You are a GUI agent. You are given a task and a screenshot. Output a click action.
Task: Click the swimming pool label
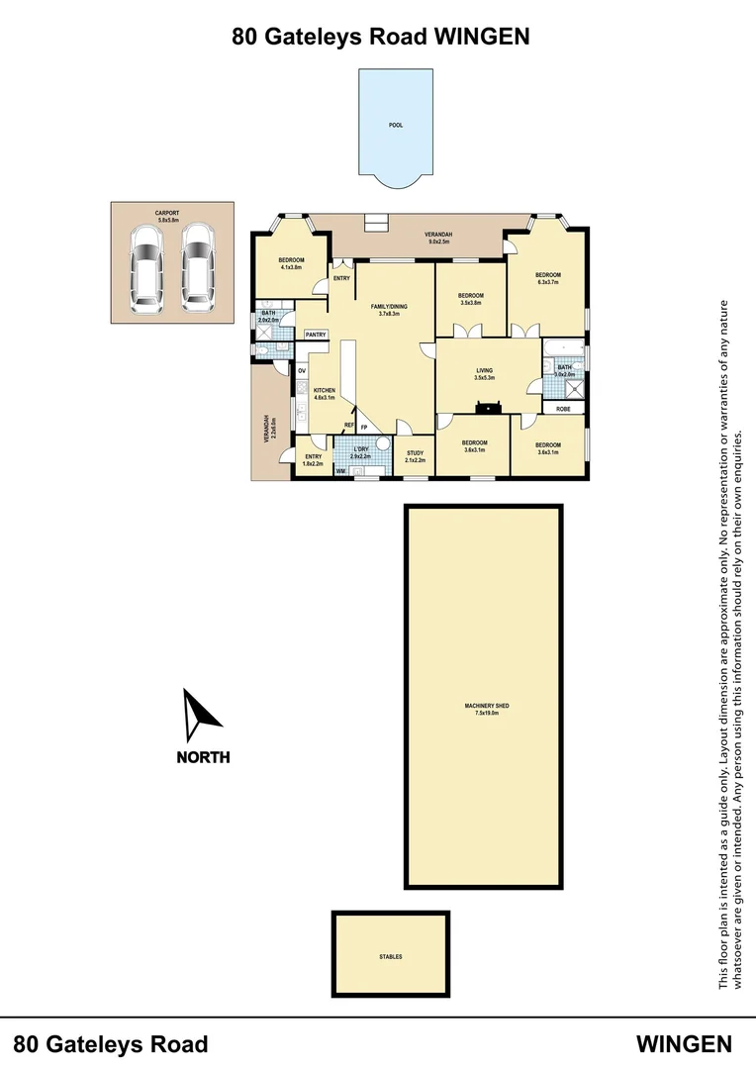pos(396,126)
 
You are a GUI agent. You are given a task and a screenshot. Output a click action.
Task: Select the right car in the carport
pos(197,264)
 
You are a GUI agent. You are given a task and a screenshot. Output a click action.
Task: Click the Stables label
pos(390,957)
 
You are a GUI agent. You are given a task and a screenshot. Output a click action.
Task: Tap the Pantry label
pos(316,335)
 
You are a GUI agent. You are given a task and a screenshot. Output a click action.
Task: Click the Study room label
pos(415,456)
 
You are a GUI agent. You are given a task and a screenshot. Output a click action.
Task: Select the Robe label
pos(563,408)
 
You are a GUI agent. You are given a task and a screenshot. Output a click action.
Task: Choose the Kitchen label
pos(325,394)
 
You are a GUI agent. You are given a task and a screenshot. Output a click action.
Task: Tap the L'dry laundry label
pos(361,453)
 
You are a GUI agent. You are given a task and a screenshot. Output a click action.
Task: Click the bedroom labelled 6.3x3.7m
pos(547,278)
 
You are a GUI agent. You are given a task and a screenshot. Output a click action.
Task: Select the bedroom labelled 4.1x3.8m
pos(291,263)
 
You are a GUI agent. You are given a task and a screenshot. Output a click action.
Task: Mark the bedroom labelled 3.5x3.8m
pos(470,299)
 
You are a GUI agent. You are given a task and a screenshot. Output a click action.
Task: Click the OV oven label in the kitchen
pos(302,371)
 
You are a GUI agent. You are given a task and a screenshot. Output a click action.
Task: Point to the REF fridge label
pos(348,426)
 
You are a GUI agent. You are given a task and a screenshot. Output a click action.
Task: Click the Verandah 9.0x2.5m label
pos(438,238)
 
